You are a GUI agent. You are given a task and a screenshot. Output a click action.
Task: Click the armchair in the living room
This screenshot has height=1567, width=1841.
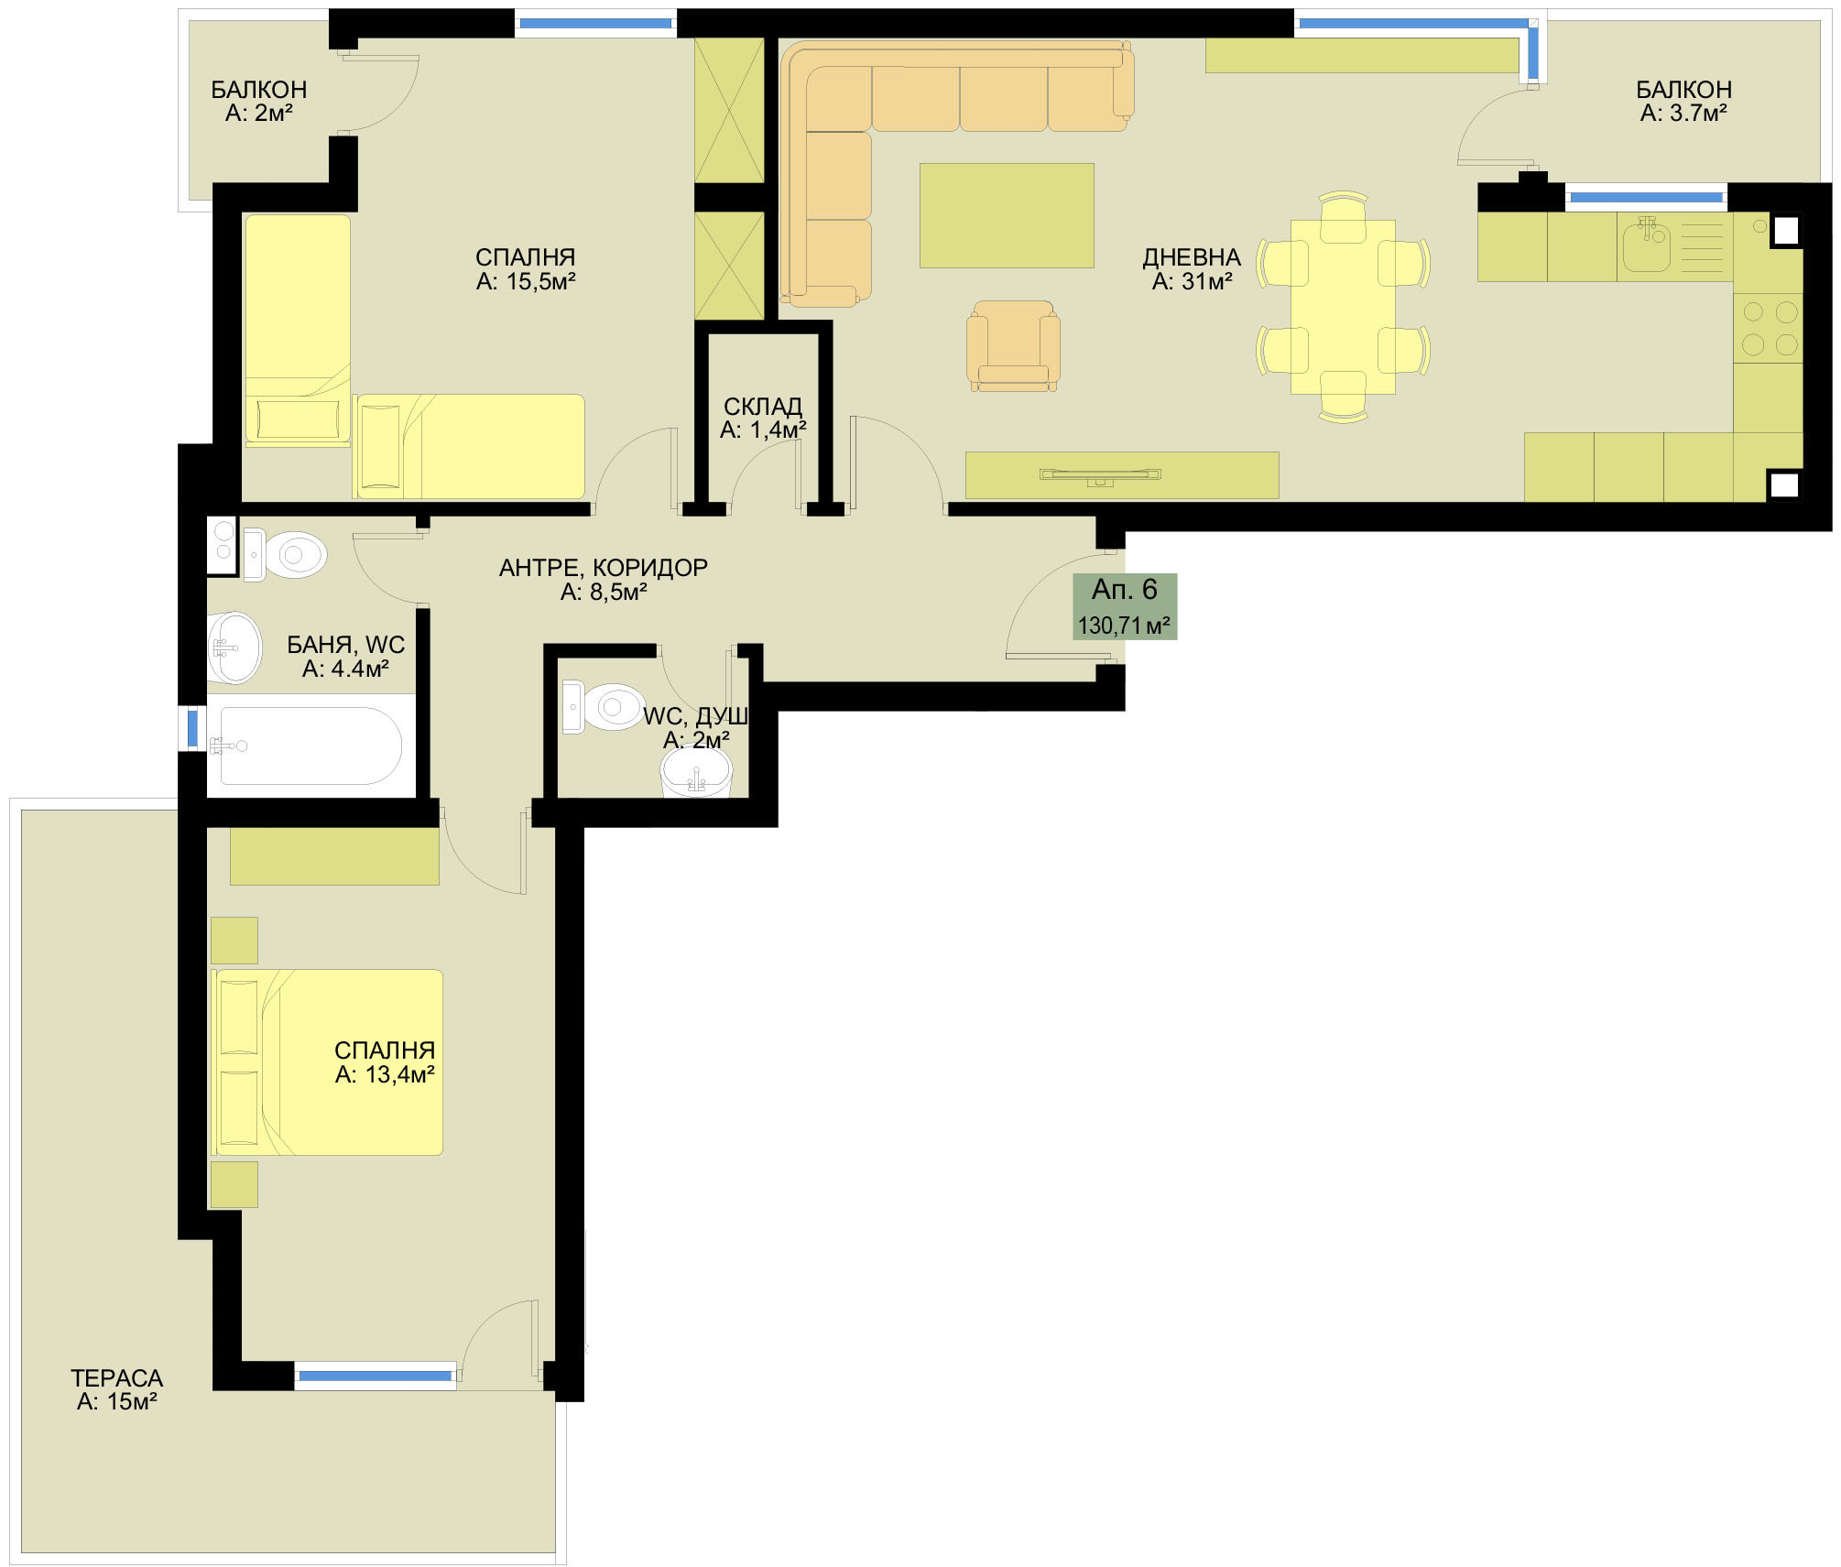click(1013, 346)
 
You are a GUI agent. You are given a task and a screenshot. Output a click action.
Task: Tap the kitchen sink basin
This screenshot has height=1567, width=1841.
click(1647, 245)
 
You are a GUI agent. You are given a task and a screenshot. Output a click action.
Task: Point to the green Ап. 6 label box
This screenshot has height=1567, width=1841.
click(1125, 606)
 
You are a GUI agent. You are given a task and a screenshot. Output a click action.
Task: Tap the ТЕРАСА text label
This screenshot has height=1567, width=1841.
click(117, 1377)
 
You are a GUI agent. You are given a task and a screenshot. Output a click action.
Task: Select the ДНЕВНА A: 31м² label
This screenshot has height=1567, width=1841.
click(1192, 269)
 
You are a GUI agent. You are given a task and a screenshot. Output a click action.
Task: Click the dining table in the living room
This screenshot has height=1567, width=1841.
click(1343, 307)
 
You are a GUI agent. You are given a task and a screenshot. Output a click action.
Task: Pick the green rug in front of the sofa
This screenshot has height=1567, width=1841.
click(1007, 215)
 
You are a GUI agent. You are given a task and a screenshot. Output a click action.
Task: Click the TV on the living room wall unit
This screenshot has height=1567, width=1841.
click(1100, 474)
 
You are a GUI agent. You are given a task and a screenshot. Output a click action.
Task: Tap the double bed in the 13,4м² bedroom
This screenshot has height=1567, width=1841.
click(329, 1062)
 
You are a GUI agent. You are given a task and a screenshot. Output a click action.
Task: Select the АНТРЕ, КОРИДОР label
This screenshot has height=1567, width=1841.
click(604, 580)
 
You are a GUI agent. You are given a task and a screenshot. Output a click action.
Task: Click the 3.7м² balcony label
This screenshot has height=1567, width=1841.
click(1683, 101)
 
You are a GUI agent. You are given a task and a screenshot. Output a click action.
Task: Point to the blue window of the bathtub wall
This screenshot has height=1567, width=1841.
click(192, 728)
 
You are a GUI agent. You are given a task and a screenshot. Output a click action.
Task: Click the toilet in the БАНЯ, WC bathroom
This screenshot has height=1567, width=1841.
click(287, 554)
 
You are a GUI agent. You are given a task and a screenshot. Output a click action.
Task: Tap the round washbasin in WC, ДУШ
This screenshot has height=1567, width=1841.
click(696, 772)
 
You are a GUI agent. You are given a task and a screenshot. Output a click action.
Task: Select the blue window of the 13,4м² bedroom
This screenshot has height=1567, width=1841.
click(376, 1376)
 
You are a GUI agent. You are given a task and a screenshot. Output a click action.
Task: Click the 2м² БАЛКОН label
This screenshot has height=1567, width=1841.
click(259, 101)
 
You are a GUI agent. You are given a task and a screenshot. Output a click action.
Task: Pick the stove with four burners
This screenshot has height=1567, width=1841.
click(1769, 328)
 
